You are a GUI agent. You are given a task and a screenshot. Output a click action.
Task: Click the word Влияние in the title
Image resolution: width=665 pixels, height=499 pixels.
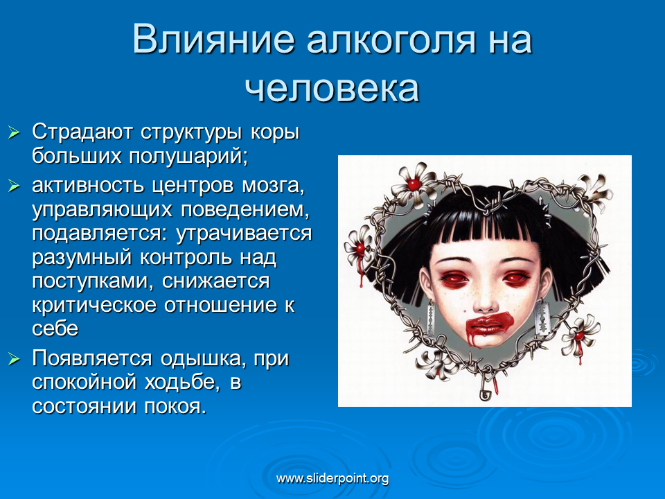pos(213,40)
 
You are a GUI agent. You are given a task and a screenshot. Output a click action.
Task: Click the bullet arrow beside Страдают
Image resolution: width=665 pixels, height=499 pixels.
pos(14,132)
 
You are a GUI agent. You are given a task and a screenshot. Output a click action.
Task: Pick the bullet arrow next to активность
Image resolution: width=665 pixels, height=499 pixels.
pos(14,186)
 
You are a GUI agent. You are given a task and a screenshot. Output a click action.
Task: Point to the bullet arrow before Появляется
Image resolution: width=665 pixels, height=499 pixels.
pos(14,359)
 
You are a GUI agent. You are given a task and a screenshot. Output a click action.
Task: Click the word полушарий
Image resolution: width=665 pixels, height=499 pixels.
pos(188,157)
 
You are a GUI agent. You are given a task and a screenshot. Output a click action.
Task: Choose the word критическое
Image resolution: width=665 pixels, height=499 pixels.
pos(94,306)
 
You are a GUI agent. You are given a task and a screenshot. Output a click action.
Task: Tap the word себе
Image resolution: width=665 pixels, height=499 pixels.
pos(55,329)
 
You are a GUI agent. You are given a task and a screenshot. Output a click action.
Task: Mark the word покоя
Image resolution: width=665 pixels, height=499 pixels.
pos(175,407)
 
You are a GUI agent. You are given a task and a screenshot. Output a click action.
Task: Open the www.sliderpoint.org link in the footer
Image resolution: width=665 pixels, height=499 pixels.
pos(332,479)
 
